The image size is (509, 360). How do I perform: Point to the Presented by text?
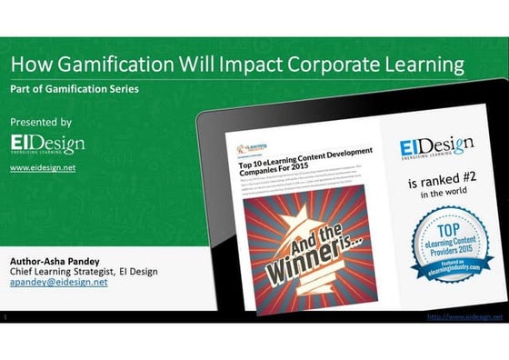click(41, 121)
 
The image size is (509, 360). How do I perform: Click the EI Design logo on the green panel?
click(47, 145)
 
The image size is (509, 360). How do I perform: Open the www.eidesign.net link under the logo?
click(43, 168)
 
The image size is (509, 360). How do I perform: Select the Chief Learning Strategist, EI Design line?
click(84, 270)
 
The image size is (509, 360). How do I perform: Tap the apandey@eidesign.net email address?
click(58, 282)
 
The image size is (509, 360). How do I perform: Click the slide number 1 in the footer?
click(6, 316)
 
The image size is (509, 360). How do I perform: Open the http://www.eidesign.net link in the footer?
click(464, 316)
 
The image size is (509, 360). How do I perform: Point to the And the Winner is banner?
click(309, 245)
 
